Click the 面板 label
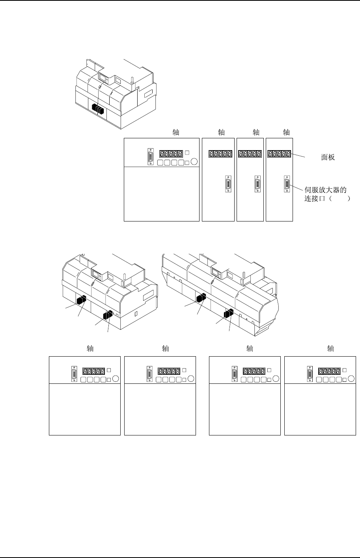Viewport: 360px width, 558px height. pos(328,157)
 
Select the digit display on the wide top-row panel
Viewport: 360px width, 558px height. pos(171,153)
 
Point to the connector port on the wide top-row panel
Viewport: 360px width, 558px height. pos(151,156)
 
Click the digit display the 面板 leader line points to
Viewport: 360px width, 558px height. pos(280,154)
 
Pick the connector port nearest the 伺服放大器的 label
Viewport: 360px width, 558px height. pos(287,184)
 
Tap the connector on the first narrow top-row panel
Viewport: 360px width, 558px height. pos(228,184)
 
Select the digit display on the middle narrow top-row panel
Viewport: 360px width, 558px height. pos(250,154)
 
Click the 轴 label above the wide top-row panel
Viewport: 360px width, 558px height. pos(176,132)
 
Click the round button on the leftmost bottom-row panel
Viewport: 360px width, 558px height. pos(115,379)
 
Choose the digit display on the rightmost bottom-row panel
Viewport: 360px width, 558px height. pos(329,371)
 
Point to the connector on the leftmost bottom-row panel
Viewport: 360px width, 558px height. pos(74,374)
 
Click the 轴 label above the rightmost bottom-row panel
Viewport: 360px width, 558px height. pos(330,348)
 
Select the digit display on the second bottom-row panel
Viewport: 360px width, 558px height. pos(169,371)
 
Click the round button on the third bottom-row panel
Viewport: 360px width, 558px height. pos(275,379)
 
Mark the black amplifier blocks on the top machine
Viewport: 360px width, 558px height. pos(98,109)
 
